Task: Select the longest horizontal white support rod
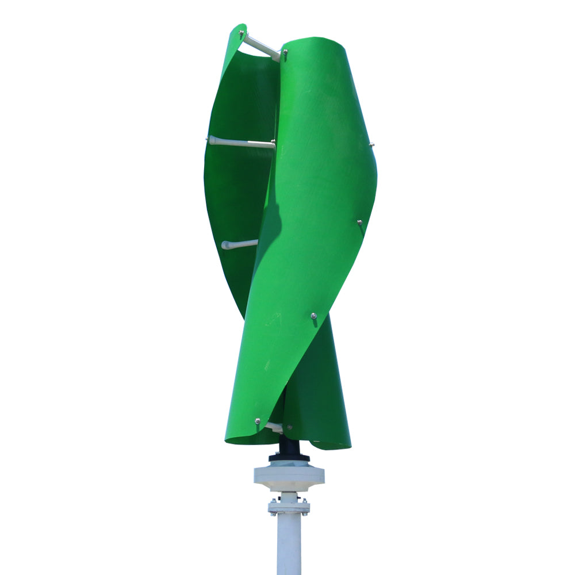[x=241, y=142]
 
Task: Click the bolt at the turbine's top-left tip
[x=241, y=34]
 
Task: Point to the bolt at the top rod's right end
[x=285, y=52]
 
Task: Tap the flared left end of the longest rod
[x=212, y=139]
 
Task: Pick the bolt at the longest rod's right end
[x=274, y=143]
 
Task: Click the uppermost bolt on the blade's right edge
[x=371, y=145]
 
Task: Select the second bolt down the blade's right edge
[x=359, y=222]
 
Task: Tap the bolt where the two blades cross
[x=313, y=316]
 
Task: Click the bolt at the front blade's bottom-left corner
[x=257, y=421]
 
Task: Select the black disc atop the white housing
[x=289, y=458]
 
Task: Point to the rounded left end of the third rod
[x=224, y=246]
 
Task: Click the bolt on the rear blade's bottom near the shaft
[x=289, y=427]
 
